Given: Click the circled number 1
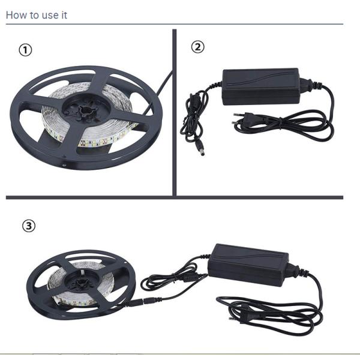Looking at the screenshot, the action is [x=25, y=50].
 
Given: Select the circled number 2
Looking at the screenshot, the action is [x=197, y=47].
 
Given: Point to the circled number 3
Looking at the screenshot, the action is [x=29, y=226].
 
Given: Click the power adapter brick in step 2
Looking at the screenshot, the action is [x=261, y=87].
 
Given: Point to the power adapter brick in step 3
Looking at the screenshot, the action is [x=248, y=265].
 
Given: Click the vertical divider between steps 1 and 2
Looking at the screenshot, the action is [x=174, y=113].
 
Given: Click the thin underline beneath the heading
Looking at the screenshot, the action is [x=175, y=24].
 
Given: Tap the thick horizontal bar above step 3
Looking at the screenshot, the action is [x=175, y=197].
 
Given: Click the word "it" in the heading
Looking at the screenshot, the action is [x=64, y=15].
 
